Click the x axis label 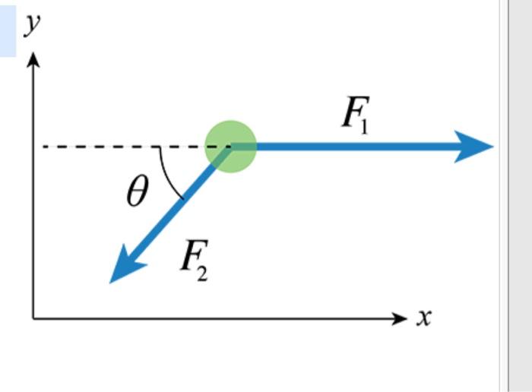[424, 316]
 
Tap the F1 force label [355, 115]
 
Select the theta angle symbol [137, 194]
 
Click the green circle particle [231, 147]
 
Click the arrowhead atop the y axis [33, 59]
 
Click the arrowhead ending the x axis [401, 318]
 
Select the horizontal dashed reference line [114, 147]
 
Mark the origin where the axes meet [33, 318]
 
